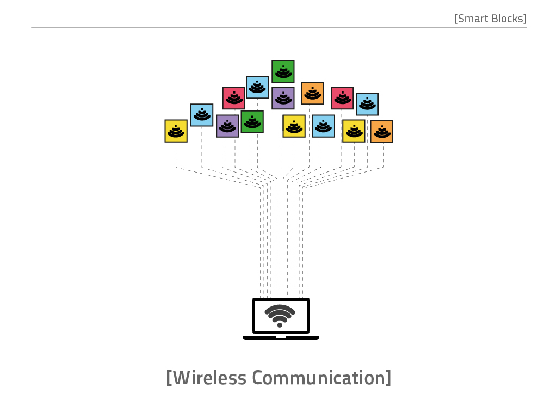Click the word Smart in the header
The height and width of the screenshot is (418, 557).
[473, 19]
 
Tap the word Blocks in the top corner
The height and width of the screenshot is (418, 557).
[508, 19]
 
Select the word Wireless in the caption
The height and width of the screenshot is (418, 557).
[209, 378]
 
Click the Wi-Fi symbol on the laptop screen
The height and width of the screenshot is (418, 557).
[280, 315]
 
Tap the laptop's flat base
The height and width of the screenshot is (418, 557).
[281, 337]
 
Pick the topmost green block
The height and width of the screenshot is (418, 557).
[283, 71]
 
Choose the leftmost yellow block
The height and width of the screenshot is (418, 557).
[176, 131]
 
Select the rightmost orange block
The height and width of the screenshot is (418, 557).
[381, 132]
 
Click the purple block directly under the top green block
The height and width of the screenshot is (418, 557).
[283, 98]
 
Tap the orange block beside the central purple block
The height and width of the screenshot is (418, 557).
[313, 93]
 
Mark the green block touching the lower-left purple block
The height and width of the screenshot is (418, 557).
[252, 122]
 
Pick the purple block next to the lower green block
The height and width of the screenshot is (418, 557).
[227, 126]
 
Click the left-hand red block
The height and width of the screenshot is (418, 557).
[234, 98]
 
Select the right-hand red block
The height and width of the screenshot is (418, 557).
[342, 98]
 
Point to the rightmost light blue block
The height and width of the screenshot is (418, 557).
[367, 104]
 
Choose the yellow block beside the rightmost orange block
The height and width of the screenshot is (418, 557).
[354, 131]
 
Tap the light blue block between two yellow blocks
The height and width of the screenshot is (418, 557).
[324, 126]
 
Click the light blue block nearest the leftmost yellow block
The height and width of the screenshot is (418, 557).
[202, 115]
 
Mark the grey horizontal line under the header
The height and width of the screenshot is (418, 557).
[279, 27]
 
